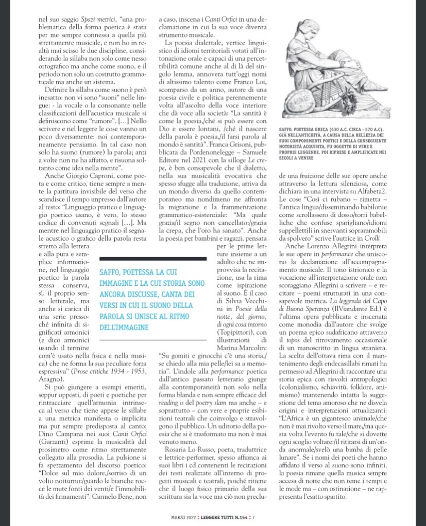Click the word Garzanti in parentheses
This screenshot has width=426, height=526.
click(x=51, y=454)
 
